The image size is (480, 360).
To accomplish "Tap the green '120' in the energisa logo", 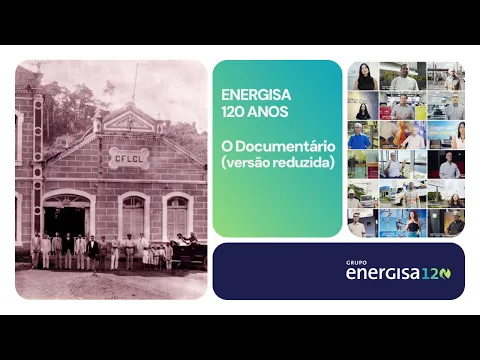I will click(x=436, y=273).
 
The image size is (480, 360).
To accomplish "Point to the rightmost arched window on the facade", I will click(x=177, y=217).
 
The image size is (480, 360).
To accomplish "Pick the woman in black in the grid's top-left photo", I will click(x=363, y=77).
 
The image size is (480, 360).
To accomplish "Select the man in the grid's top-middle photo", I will click(x=405, y=78).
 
